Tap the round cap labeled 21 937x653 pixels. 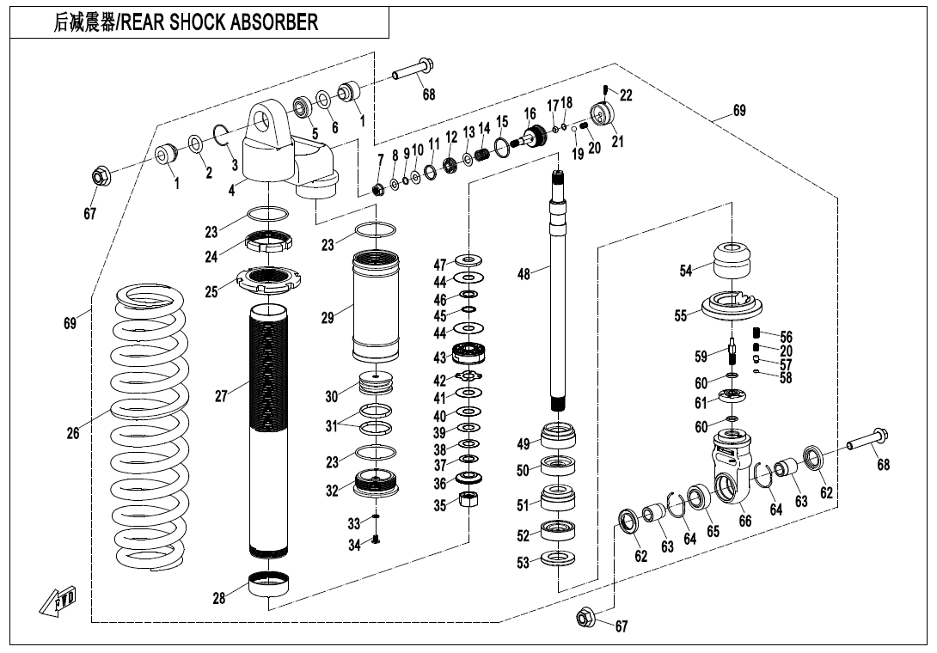(605, 114)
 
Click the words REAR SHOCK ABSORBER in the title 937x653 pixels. (220, 23)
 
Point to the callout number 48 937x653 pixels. (524, 274)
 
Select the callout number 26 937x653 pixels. (73, 434)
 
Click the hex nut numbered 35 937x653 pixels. (468, 501)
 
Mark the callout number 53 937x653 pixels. (524, 564)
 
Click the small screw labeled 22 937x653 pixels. (606, 90)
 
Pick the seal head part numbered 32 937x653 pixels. (376, 484)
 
